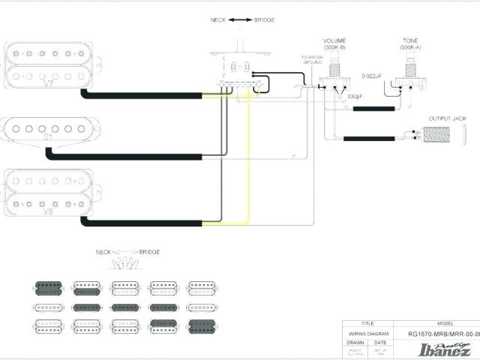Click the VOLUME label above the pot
(334, 40)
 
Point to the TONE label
(409, 40)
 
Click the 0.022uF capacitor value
(372, 76)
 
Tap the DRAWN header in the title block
(355, 342)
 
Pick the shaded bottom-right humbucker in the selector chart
(202, 325)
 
